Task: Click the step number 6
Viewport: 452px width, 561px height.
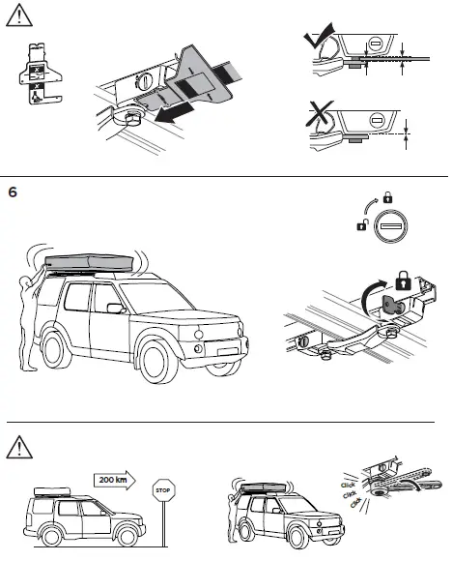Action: click(13, 191)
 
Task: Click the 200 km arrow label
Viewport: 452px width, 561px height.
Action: click(113, 479)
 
